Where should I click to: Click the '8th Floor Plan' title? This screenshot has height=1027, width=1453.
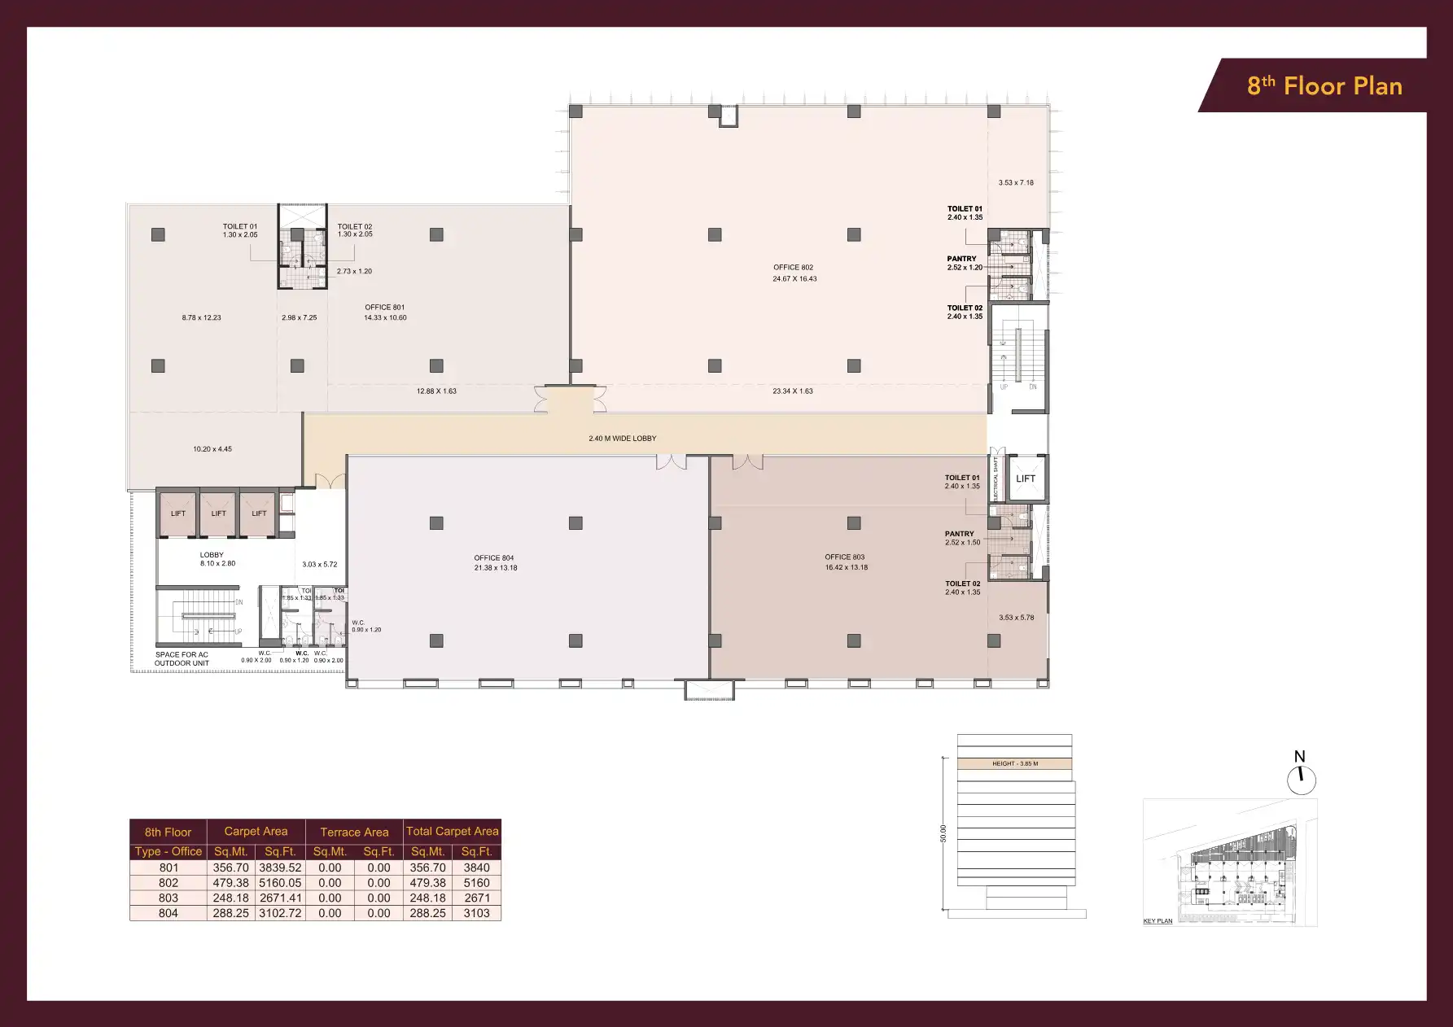pos(1324,86)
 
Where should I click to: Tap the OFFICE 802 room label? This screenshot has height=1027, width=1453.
pos(793,267)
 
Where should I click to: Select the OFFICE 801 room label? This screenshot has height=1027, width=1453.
pos(384,308)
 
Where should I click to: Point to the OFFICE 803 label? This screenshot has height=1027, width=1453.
pos(844,557)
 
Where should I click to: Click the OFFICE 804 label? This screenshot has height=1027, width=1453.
pos(494,558)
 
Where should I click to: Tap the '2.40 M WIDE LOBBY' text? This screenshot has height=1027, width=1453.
pos(622,439)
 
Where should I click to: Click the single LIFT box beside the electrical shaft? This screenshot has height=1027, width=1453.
pos(1025,479)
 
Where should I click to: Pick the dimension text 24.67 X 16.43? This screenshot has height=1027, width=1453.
pos(794,279)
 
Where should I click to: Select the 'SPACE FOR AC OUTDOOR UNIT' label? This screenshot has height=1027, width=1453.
pos(182,659)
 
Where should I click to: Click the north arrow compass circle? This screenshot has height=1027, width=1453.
pos(1301,780)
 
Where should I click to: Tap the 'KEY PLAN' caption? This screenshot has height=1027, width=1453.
pos(1158,921)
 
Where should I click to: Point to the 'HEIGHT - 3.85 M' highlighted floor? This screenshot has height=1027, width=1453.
pos(1014,764)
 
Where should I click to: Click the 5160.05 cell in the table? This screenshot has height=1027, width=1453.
pos(280,883)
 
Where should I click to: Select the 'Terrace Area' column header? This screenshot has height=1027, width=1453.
pos(354,832)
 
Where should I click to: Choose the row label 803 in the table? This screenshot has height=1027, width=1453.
pos(168,898)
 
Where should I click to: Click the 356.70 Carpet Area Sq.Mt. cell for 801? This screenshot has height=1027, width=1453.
pos(231,868)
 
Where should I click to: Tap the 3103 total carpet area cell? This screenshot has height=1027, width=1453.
pos(476,914)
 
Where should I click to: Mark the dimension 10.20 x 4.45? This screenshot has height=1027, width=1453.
pos(212,449)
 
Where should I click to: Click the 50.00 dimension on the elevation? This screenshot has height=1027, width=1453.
pos(943,833)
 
